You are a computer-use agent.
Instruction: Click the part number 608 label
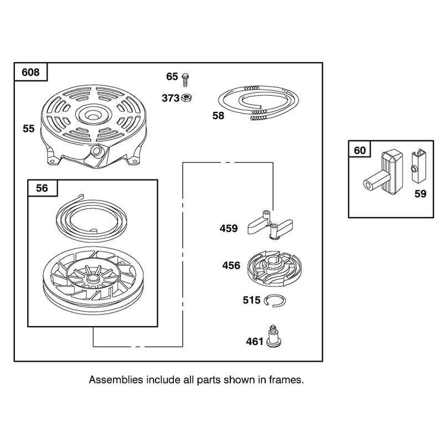coord(30,72)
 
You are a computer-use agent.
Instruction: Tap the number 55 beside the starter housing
coord(29,128)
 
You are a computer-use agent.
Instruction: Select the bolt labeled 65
coord(186,80)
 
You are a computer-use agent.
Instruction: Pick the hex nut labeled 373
coord(187,98)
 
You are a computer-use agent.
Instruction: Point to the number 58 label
coord(218,116)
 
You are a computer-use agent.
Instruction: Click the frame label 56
coord(42,188)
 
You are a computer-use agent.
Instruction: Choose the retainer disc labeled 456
coord(274,267)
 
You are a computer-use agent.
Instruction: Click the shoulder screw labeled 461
coord(274,337)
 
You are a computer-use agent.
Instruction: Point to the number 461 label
coord(255,342)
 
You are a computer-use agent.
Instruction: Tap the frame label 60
coord(359,150)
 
